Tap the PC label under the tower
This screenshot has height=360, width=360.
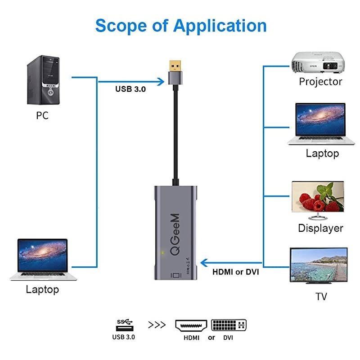(x=42, y=116)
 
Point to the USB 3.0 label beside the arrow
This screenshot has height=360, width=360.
(x=130, y=89)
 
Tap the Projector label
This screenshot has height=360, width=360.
(x=320, y=82)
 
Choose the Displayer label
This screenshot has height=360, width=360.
(x=320, y=228)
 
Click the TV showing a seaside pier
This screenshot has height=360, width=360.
(x=318, y=266)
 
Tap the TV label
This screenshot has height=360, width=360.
(x=321, y=297)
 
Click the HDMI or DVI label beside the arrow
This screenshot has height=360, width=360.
(x=235, y=272)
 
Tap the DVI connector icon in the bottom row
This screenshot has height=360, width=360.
(x=229, y=325)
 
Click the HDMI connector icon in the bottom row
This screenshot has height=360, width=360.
(x=191, y=325)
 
